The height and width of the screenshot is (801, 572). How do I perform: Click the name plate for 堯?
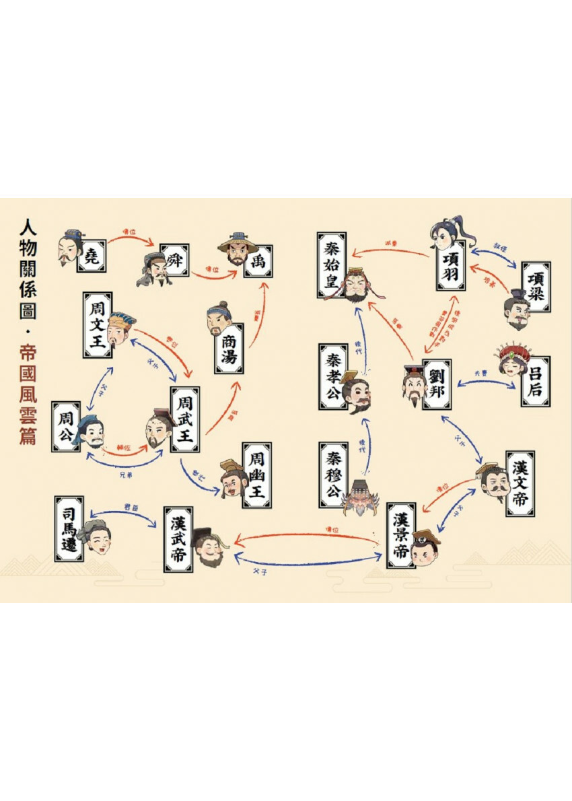92,253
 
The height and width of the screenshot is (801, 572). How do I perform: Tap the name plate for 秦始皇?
332,265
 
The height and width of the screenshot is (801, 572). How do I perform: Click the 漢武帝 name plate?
178,539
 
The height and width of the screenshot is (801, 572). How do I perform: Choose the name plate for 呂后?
535,381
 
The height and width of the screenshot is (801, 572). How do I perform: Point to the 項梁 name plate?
536,286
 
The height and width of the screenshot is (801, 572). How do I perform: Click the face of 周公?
91,433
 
